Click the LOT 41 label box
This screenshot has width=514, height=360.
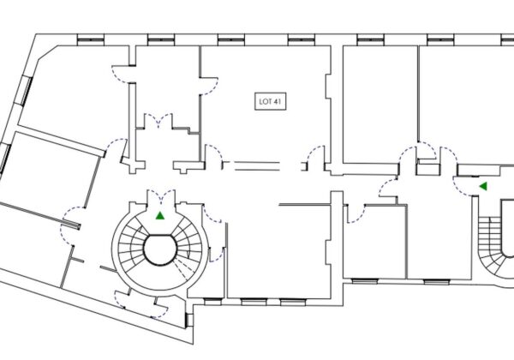coord(270,102)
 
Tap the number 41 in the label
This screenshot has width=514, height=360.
coord(277,102)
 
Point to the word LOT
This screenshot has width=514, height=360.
coord(265,102)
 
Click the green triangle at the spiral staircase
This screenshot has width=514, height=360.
coord(160,215)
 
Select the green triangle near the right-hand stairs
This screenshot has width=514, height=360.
coord(483,186)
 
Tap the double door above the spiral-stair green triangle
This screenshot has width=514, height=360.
coord(161,195)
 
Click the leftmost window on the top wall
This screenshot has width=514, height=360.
coord(91,40)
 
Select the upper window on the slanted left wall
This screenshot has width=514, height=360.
coord(27,91)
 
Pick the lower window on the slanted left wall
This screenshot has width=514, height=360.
coord(6,159)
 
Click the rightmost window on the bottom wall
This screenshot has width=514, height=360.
coord(437,281)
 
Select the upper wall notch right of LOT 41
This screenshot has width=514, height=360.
coord(328,87)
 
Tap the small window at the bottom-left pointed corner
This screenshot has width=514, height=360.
coord(188,320)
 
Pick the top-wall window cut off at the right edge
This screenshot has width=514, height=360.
coord(508,40)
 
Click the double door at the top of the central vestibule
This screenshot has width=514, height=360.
coord(158,120)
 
